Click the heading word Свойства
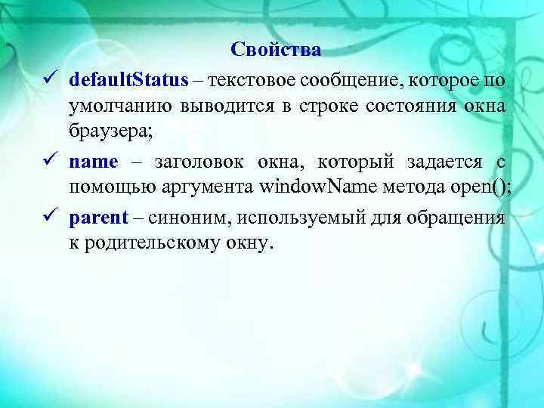click(276, 50)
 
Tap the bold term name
click(94, 161)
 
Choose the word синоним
click(184, 218)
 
